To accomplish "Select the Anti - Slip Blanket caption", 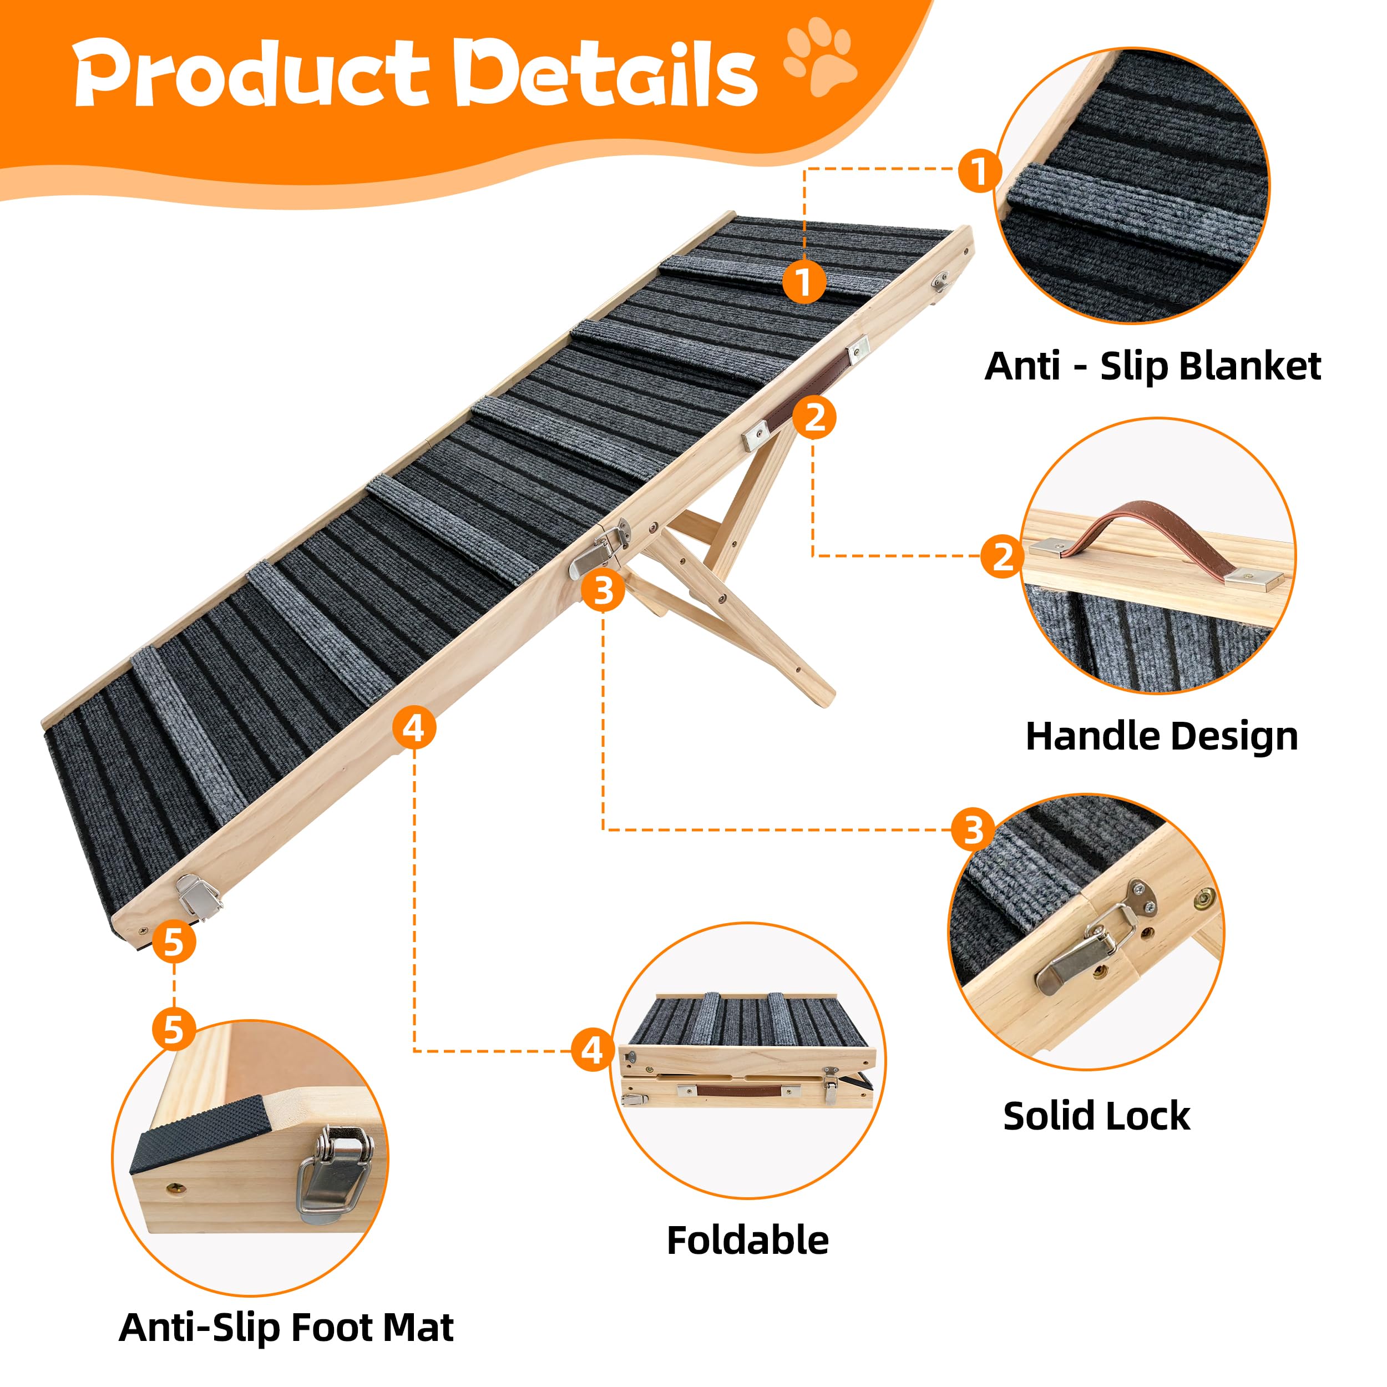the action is pos(1152,367).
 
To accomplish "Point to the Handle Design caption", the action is pos(1162,737).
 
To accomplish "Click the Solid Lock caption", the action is pos(1096,1116).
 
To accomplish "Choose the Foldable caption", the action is pos(747,1241).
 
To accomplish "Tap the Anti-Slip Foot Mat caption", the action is pos(286,1328).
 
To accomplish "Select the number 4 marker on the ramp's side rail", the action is pos(414,730).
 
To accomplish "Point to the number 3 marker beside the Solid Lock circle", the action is pos(973,830).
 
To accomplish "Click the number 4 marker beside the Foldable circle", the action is pos(593,1050).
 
